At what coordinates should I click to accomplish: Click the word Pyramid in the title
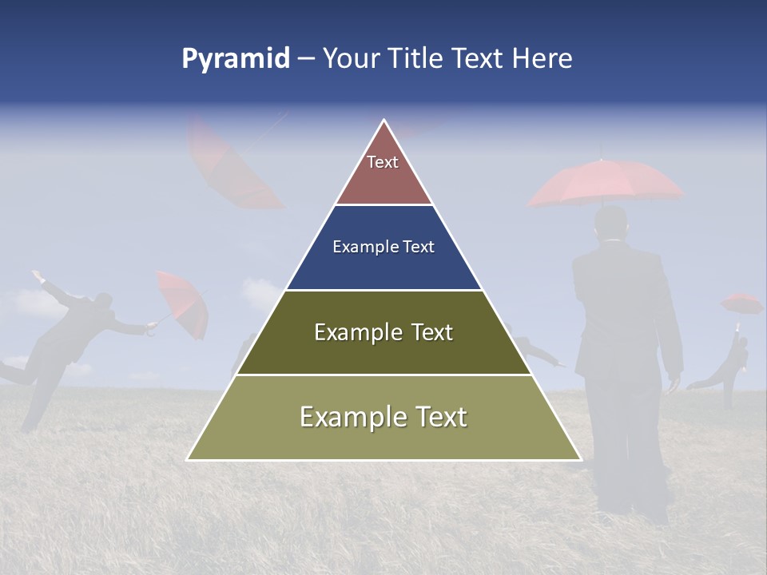236,59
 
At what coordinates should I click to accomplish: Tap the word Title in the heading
416,59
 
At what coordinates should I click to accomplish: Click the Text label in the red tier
383,162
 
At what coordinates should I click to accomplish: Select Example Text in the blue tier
383,247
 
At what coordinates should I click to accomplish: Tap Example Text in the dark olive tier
383,332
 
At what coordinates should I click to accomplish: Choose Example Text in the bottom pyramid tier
383,417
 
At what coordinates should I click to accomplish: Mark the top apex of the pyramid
384,121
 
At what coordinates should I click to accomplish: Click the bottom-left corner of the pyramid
188,459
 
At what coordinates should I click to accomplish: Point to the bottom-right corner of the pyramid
580,459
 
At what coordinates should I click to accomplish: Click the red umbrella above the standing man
606,182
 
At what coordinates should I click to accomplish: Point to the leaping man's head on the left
101,302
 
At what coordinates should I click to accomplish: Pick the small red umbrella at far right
741,303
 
